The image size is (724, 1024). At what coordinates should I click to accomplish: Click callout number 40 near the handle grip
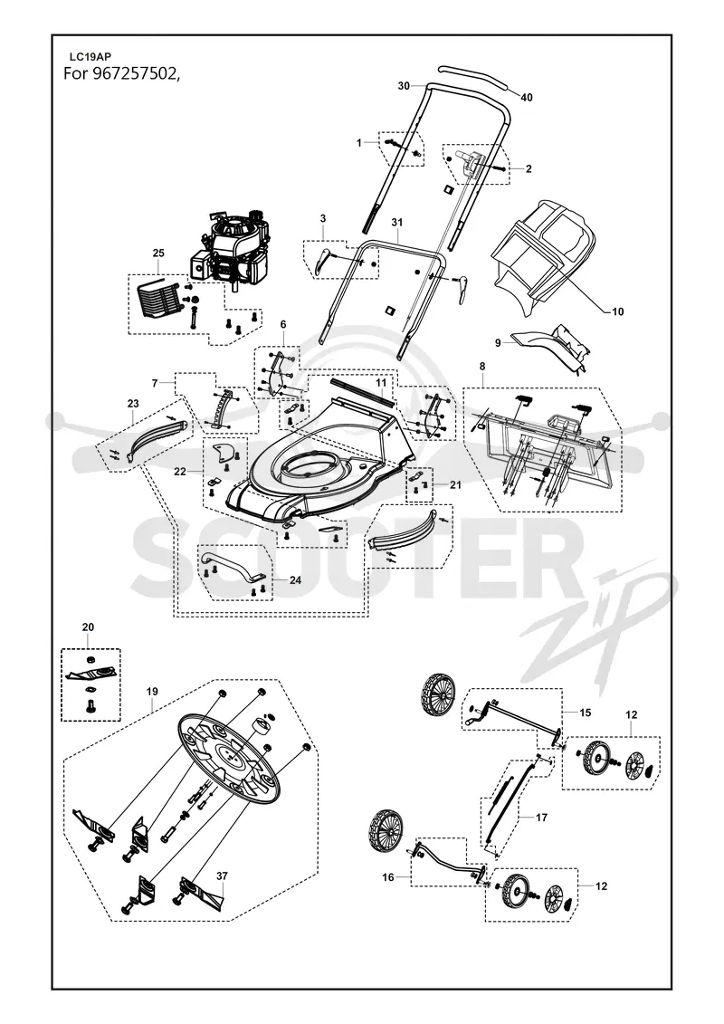(x=526, y=97)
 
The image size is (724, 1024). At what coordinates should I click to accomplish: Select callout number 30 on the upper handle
(x=404, y=85)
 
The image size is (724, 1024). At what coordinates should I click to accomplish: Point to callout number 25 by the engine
(x=158, y=253)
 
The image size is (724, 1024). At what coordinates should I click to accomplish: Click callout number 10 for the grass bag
(x=617, y=311)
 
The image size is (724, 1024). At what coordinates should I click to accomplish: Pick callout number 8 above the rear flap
(x=482, y=367)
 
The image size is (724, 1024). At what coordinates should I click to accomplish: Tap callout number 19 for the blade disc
(x=151, y=691)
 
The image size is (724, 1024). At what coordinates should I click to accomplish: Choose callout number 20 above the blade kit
(x=88, y=627)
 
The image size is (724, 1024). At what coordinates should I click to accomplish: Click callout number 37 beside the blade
(x=222, y=876)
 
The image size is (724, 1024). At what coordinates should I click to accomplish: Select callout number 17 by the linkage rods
(x=541, y=817)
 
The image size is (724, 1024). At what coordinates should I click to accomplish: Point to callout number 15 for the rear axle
(x=586, y=712)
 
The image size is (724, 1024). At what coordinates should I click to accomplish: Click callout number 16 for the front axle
(x=388, y=877)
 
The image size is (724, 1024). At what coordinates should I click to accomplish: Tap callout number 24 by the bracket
(x=295, y=579)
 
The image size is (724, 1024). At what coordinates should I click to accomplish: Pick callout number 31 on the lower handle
(x=397, y=223)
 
